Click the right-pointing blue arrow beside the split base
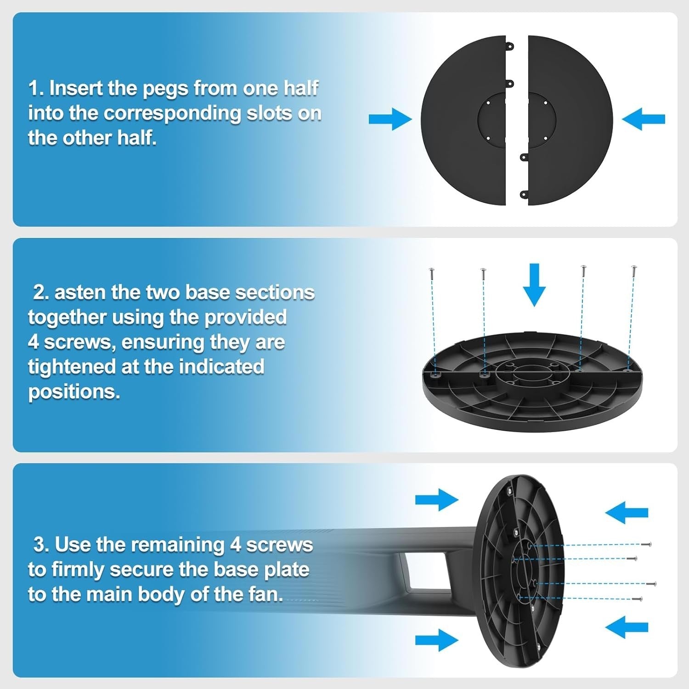click(x=390, y=119)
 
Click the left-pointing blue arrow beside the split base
click(x=644, y=119)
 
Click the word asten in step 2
click(x=81, y=293)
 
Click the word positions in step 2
click(x=74, y=392)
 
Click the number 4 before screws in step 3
click(x=236, y=545)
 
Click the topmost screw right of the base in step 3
click(x=646, y=544)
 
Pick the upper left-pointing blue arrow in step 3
click(x=627, y=512)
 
